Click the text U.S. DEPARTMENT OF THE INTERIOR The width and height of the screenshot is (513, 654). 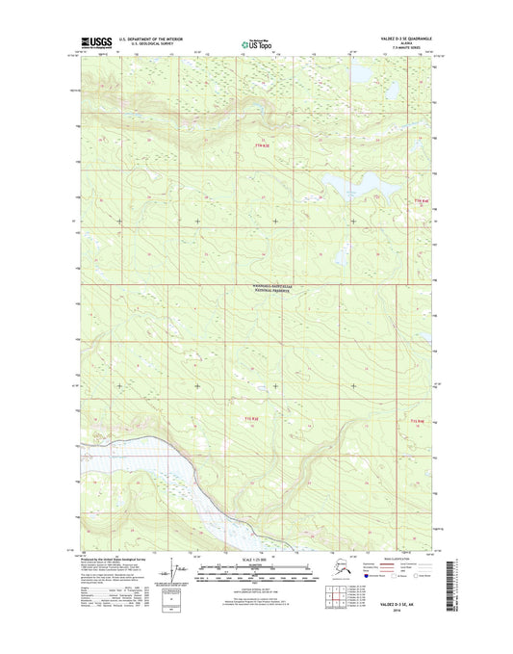158,39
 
